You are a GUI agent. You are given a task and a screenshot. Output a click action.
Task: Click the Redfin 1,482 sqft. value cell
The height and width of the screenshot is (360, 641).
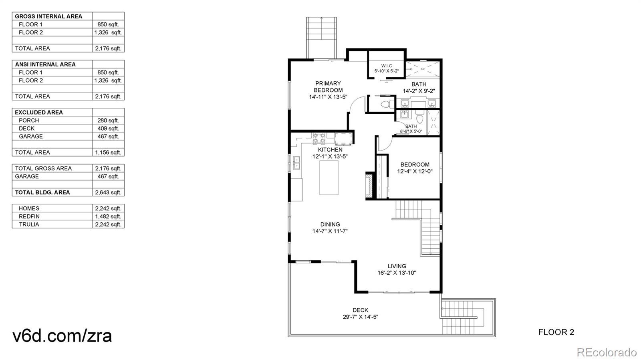coord(108,217)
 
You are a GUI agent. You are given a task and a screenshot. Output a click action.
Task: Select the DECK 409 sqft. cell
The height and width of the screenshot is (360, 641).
coord(108,129)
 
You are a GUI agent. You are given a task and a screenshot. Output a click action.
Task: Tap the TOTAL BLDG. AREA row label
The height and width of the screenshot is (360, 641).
coord(42,193)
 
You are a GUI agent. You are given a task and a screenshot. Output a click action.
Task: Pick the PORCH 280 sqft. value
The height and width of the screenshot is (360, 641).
coord(108,121)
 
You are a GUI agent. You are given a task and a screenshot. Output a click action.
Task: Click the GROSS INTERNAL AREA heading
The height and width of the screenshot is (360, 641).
coord(48,16)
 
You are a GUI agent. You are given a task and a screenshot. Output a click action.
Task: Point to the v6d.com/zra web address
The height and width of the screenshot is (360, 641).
coord(62,336)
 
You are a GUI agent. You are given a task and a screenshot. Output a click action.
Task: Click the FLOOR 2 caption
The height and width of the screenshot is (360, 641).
coord(556,332)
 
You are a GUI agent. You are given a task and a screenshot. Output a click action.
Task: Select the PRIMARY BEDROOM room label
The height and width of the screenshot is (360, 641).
coord(328,86)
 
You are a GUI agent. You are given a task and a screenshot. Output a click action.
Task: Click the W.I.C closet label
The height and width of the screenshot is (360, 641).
coord(387,66)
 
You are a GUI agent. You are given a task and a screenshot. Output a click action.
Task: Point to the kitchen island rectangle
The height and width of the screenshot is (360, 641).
coord(329,177)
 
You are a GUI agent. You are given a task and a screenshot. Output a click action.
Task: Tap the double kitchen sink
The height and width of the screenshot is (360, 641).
coord(296,163)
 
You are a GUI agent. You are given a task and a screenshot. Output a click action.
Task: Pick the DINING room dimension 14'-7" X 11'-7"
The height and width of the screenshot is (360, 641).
coord(330,231)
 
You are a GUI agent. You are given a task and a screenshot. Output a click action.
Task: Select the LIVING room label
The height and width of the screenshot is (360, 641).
coord(397,266)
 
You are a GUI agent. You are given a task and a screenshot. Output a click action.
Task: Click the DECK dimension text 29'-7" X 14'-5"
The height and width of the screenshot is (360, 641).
coord(361,317)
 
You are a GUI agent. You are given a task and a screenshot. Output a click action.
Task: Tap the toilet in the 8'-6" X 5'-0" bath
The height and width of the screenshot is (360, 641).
coord(419,117)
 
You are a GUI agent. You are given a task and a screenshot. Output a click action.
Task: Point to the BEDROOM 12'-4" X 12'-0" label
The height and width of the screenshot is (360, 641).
coord(415,168)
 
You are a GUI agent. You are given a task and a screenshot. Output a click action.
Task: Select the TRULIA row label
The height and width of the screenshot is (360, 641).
coord(29,225)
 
